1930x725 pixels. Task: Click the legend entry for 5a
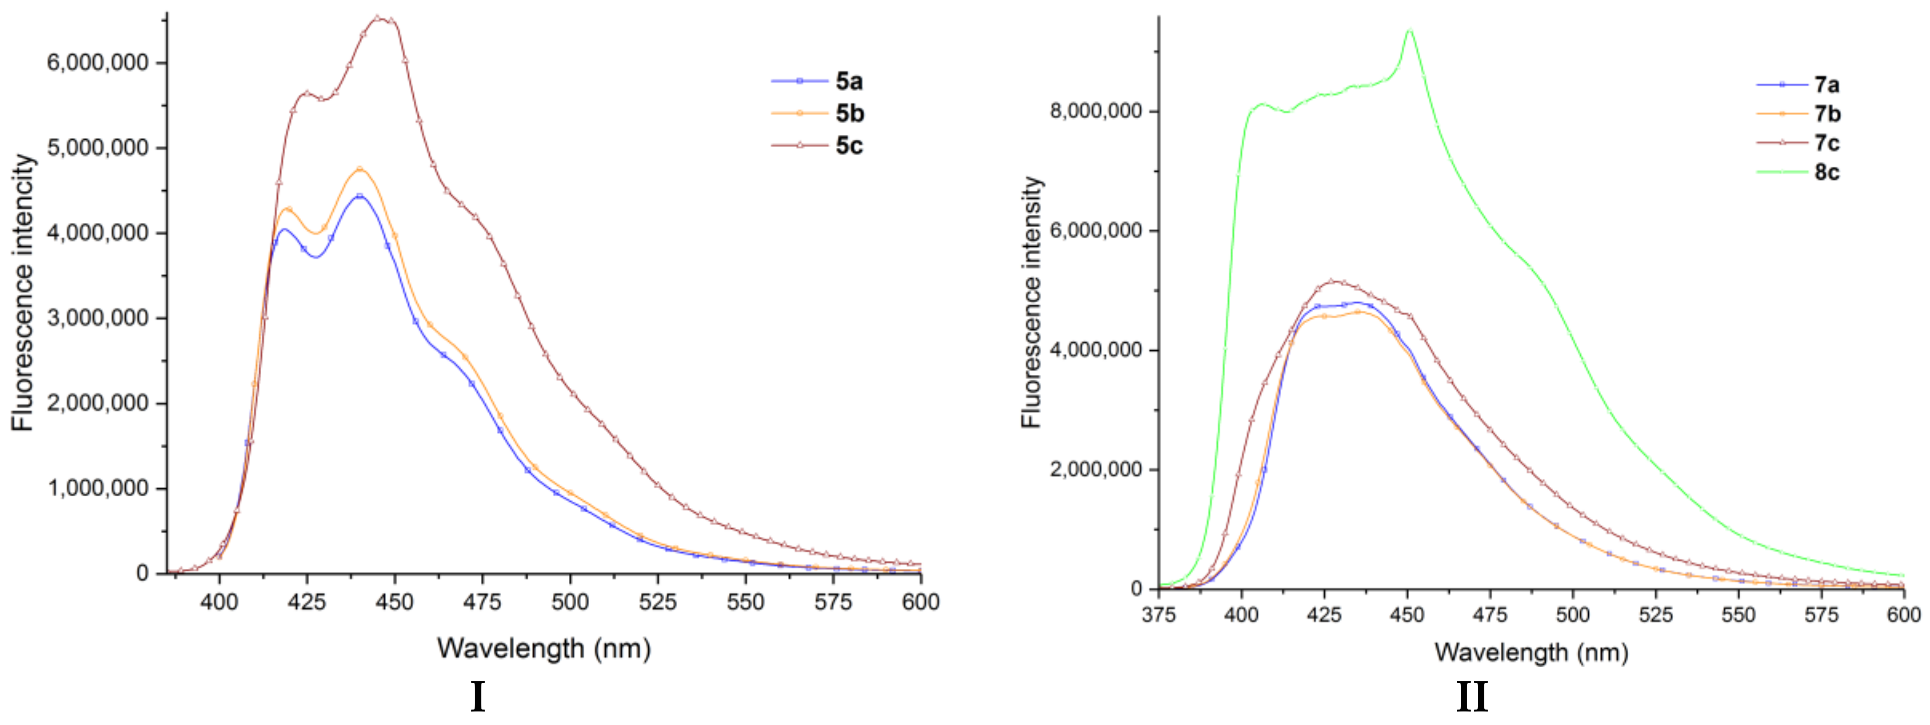(848, 81)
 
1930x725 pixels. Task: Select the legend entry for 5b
(848, 113)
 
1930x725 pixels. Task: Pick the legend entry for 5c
(848, 146)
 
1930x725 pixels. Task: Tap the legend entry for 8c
(1827, 172)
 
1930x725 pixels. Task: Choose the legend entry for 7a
(1827, 85)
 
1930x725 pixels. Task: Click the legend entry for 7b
(1827, 114)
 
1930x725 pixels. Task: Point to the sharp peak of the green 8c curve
(1409, 31)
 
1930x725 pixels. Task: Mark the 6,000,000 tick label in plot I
(98, 63)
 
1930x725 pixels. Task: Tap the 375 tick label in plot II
(1159, 615)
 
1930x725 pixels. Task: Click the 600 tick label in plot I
(921, 602)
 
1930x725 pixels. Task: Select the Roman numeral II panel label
(1471, 697)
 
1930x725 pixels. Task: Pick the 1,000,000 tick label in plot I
(98, 489)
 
